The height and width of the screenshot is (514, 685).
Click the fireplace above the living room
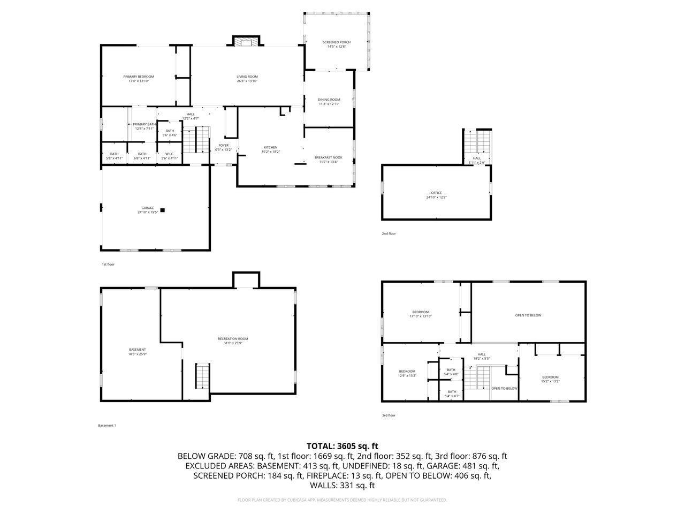pyautogui.click(x=246, y=42)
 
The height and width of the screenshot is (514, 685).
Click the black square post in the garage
pyautogui.click(x=163, y=210)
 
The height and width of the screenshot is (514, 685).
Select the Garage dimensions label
pyautogui.click(x=148, y=213)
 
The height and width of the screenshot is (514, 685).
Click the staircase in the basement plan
pyautogui.click(x=202, y=376)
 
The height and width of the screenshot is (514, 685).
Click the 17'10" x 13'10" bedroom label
pyautogui.click(x=420, y=314)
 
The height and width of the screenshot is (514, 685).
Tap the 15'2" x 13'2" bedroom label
pyautogui.click(x=550, y=380)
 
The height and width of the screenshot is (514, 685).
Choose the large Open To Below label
pyautogui.click(x=528, y=315)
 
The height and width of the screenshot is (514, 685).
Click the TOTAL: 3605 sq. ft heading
pyautogui.click(x=342, y=445)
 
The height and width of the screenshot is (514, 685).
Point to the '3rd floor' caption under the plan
pyautogui.click(x=389, y=415)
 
